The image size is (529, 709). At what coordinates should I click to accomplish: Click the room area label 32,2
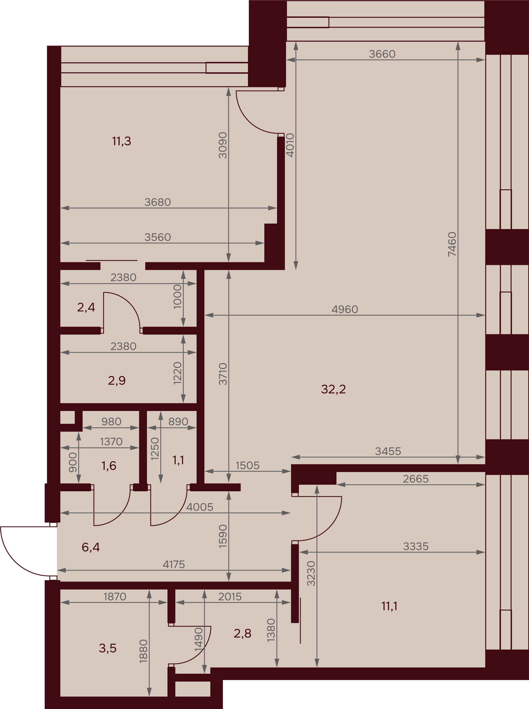[x=333, y=389]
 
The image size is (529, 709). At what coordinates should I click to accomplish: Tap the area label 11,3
[x=121, y=141]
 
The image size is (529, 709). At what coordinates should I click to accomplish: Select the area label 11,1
[x=389, y=606]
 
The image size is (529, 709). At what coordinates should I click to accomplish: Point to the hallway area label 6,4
[x=91, y=547]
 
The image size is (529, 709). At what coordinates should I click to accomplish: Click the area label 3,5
[x=108, y=648]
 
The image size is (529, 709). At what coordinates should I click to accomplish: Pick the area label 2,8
[x=243, y=633]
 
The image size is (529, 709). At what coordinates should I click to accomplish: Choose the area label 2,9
[x=117, y=380]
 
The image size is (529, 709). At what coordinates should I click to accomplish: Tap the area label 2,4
[x=86, y=307]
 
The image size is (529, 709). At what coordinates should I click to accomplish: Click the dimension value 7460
[x=452, y=244]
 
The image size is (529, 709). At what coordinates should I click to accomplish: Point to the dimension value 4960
[x=345, y=309]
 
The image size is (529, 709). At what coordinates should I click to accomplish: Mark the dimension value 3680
[x=158, y=202]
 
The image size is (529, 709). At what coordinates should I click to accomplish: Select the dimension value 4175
[x=174, y=564]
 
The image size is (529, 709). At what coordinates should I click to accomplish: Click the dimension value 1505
[x=247, y=465]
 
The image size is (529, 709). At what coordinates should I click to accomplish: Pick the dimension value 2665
[x=416, y=479]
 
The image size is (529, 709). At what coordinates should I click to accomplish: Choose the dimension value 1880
[x=143, y=651]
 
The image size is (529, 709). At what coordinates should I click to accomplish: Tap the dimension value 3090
[x=223, y=145]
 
